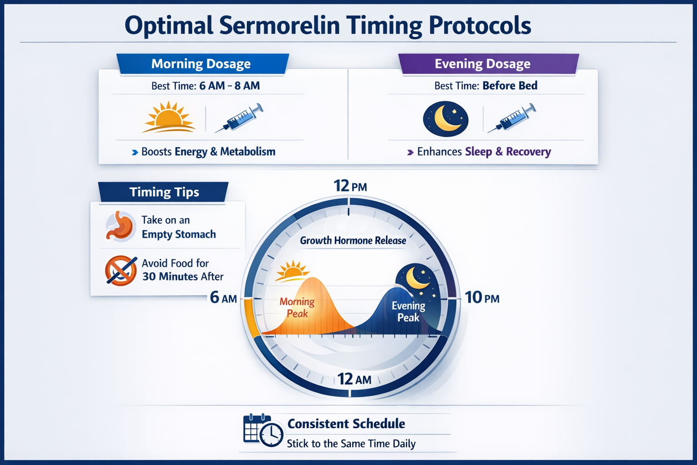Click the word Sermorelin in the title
pos(280,25)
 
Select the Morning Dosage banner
pos(201,64)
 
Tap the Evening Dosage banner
pos(482,64)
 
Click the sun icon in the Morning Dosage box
pos(168,118)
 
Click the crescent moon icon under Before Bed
pos(446,119)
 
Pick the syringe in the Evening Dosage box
pos(512,118)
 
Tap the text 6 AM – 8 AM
pos(229,86)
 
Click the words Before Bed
pos(510,86)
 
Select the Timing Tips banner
pos(164,192)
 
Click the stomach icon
pos(120,226)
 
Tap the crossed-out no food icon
pos(121,271)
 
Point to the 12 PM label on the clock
pos(350,186)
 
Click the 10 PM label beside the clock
pos(481,298)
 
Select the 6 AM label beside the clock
pos(223,298)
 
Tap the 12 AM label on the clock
pos(354,379)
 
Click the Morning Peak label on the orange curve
pos(297,307)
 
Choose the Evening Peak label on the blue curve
pos(408,312)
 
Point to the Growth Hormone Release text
pos(353,241)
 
